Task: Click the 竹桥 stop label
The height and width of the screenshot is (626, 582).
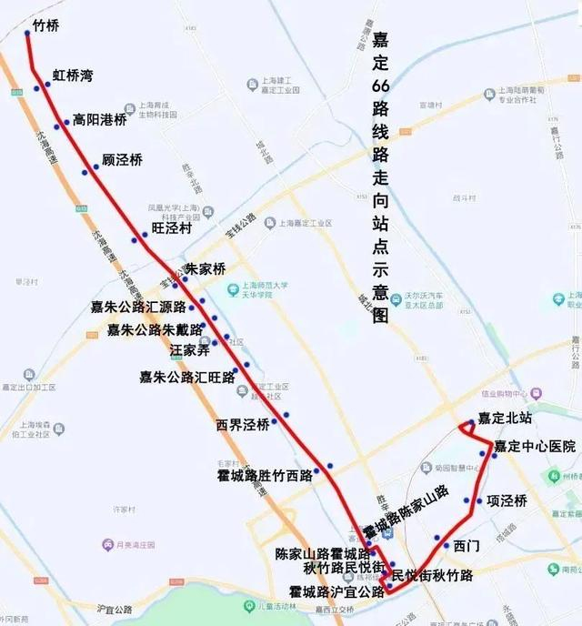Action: pyautogui.click(x=45, y=26)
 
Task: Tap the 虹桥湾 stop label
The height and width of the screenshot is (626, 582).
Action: pyautogui.click(x=73, y=76)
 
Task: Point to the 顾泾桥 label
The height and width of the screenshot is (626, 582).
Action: pyautogui.click(x=122, y=160)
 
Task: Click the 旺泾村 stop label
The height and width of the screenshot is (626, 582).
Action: pyautogui.click(x=171, y=228)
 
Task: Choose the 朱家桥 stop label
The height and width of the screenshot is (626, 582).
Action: pyautogui.click(x=205, y=269)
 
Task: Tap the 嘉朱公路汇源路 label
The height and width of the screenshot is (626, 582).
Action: pyautogui.click(x=138, y=307)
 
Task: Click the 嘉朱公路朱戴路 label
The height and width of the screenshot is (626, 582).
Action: pyautogui.click(x=155, y=329)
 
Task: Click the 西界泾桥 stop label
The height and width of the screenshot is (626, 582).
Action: pyautogui.click(x=243, y=424)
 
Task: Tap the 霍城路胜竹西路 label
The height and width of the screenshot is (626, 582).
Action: pyautogui.click(x=265, y=474)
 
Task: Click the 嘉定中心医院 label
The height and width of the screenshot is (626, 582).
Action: pyautogui.click(x=536, y=447)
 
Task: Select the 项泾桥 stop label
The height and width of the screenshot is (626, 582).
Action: pyautogui.click(x=507, y=500)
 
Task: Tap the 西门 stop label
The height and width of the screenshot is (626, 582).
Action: pyautogui.click(x=466, y=546)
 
